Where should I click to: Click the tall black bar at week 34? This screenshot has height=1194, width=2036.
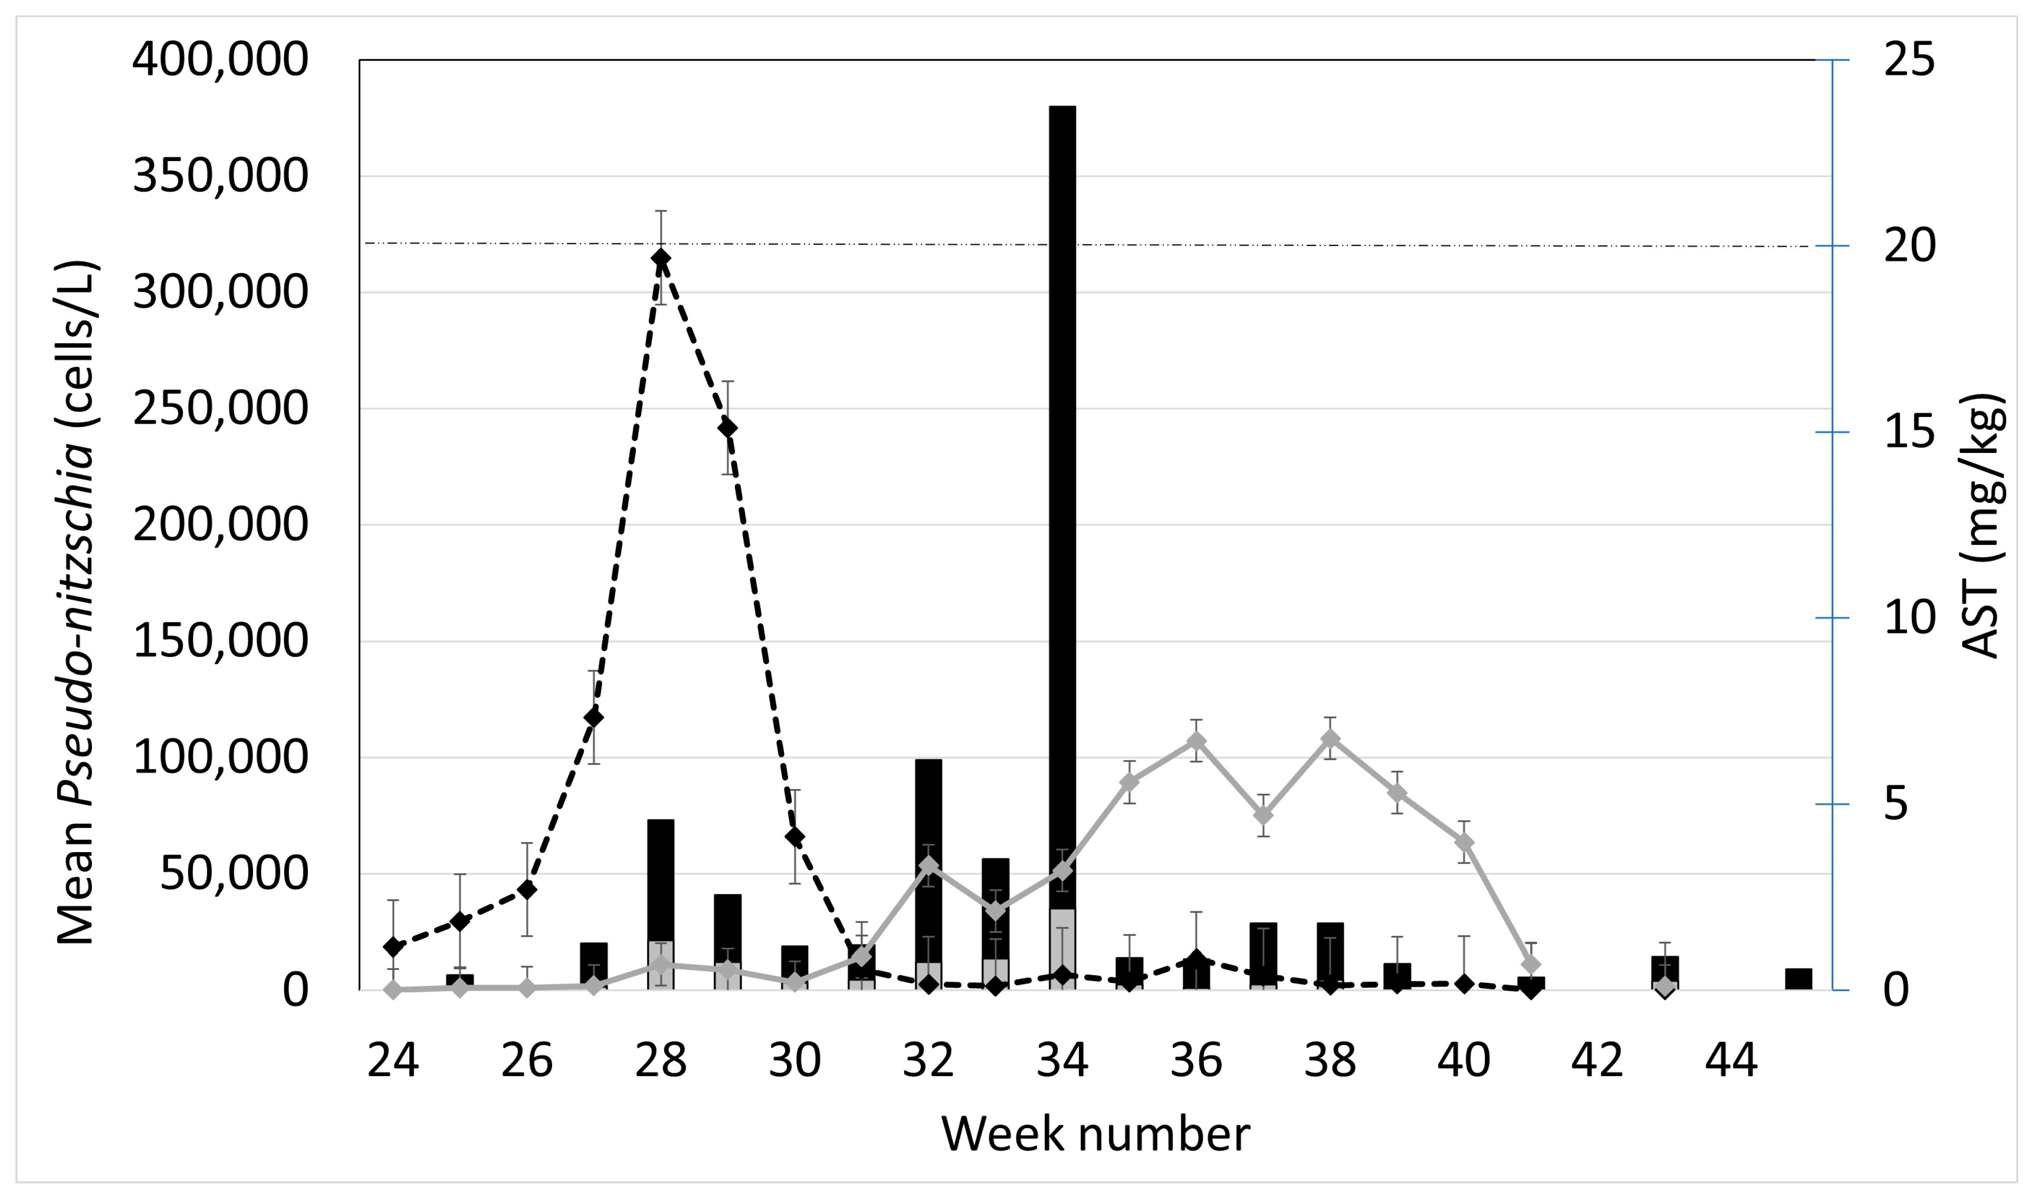click(1062, 485)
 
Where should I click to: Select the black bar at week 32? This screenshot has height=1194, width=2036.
click(928, 808)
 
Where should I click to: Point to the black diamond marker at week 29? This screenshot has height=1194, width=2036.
click(727, 427)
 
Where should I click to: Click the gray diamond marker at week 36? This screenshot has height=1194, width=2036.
click(1197, 741)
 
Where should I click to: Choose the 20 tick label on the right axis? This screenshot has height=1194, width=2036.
click(1909, 246)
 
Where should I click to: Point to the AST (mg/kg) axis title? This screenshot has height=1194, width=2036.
click(1981, 525)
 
